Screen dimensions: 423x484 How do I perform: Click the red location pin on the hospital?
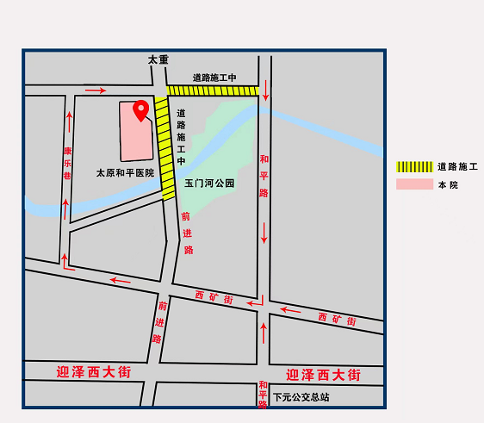(x=140, y=109)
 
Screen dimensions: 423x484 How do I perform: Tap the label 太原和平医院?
(x=125, y=172)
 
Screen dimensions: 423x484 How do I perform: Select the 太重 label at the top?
(x=158, y=60)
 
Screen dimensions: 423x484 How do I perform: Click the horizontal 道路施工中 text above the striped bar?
(x=214, y=78)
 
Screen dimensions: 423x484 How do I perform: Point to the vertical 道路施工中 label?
(x=182, y=137)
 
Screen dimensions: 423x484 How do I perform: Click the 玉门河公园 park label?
(x=209, y=184)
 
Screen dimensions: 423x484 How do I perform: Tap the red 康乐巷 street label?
(x=67, y=163)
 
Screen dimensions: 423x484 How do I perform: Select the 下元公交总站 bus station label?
(x=301, y=397)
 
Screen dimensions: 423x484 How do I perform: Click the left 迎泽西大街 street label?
(x=94, y=372)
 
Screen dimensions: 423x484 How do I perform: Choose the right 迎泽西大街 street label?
(x=323, y=375)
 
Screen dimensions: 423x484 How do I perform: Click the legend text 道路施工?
(x=457, y=166)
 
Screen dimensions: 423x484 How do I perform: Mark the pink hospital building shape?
(x=134, y=134)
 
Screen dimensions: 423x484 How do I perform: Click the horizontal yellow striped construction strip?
(x=213, y=90)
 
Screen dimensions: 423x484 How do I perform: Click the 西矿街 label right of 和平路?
(x=337, y=319)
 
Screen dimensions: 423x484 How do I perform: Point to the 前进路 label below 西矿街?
(x=159, y=320)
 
